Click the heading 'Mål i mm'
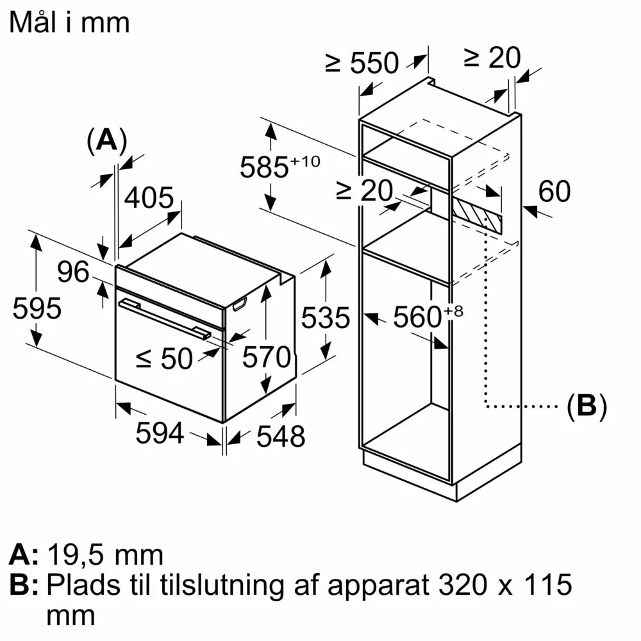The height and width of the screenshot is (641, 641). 70,22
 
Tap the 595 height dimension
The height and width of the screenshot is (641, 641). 37,308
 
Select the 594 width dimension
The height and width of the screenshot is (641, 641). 160,434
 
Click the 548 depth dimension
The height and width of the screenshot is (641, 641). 280,437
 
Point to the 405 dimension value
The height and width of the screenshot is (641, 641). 149,199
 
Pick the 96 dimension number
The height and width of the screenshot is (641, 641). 74,272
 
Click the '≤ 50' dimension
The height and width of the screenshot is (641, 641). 165,359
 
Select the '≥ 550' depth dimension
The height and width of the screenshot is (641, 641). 362,63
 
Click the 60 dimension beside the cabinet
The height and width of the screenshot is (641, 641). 554,192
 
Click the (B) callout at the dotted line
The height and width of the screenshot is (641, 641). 587,406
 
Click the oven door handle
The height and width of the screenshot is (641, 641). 164,319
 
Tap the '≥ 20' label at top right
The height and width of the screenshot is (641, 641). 492,58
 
